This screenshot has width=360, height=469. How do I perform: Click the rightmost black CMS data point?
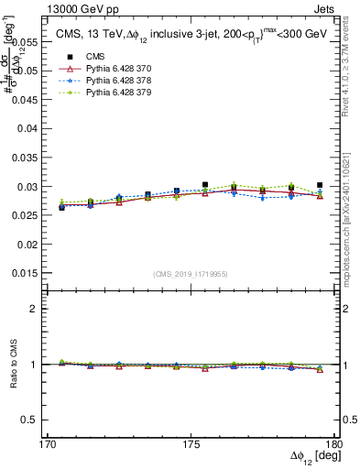click(x=320, y=185)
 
